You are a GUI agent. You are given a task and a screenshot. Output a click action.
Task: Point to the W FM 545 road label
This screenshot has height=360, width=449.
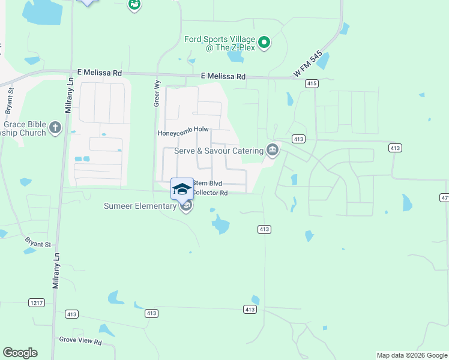click(x=309, y=64)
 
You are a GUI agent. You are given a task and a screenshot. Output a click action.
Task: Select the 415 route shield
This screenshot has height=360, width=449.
click(x=311, y=84)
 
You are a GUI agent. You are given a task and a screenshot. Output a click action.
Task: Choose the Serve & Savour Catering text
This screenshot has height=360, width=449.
click(x=218, y=151)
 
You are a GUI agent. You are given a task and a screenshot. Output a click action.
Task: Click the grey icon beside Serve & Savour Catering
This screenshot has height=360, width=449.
click(x=273, y=149)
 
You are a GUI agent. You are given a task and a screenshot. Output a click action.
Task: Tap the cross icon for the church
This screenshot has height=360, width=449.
click(x=55, y=127)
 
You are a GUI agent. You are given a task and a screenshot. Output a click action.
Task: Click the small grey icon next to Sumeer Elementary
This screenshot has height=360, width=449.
click(x=186, y=206)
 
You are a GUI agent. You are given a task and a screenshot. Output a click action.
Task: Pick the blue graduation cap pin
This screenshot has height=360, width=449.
click(x=182, y=189)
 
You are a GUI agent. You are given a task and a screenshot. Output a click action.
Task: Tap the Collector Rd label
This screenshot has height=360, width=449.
click(x=209, y=193)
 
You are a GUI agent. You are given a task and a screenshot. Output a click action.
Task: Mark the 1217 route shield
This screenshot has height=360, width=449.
click(x=37, y=303)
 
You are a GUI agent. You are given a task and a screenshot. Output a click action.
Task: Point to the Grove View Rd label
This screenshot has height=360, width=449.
click(x=80, y=341)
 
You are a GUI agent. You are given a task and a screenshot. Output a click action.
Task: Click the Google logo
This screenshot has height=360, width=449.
click(x=20, y=353)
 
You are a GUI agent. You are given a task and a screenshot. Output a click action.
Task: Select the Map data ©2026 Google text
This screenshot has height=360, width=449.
click(x=411, y=355)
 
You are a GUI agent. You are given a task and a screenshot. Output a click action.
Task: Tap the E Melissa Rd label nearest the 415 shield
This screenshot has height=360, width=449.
click(x=223, y=77)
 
